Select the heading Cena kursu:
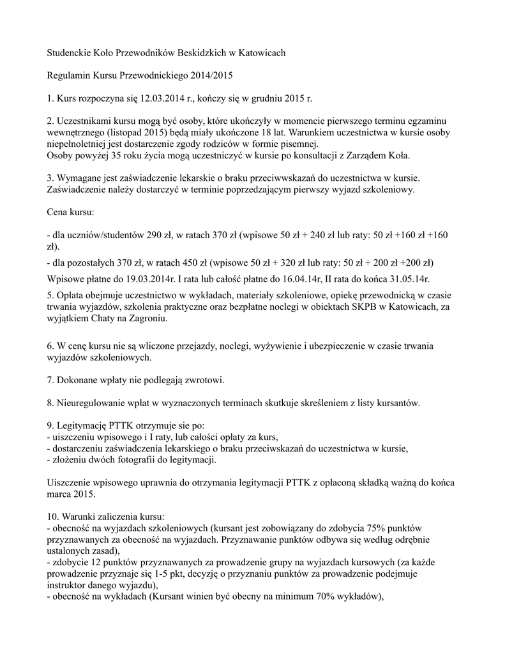point(71,212)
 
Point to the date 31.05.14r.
point(407,278)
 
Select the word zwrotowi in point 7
point(203,381)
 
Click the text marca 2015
point(72,494)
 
